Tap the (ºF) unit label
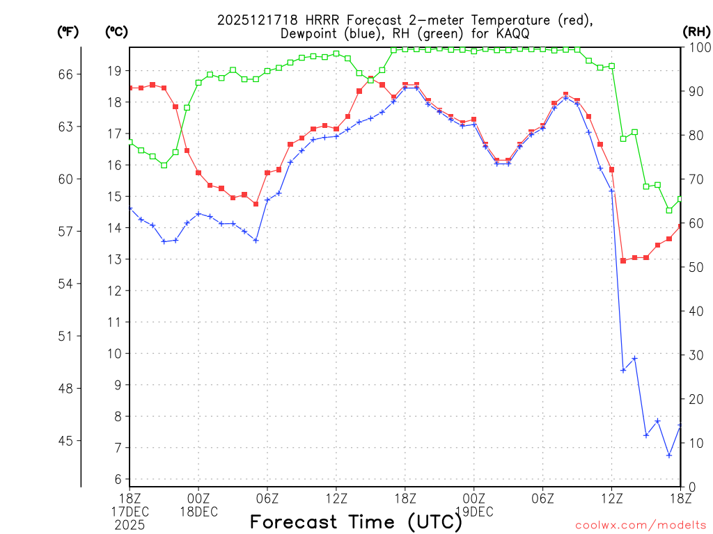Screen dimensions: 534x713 coord(68,31)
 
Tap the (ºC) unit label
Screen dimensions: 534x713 coord(116,31)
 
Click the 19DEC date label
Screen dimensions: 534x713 coord(473,512)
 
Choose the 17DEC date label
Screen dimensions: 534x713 coord(130,512)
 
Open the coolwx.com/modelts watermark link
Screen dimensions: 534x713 coord(641,524)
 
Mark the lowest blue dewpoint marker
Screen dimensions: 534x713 coord(669,455)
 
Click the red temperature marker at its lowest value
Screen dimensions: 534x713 coord(623,260)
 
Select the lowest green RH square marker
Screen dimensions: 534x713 coord(669,210)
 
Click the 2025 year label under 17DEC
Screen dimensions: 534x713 coord(130,525)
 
